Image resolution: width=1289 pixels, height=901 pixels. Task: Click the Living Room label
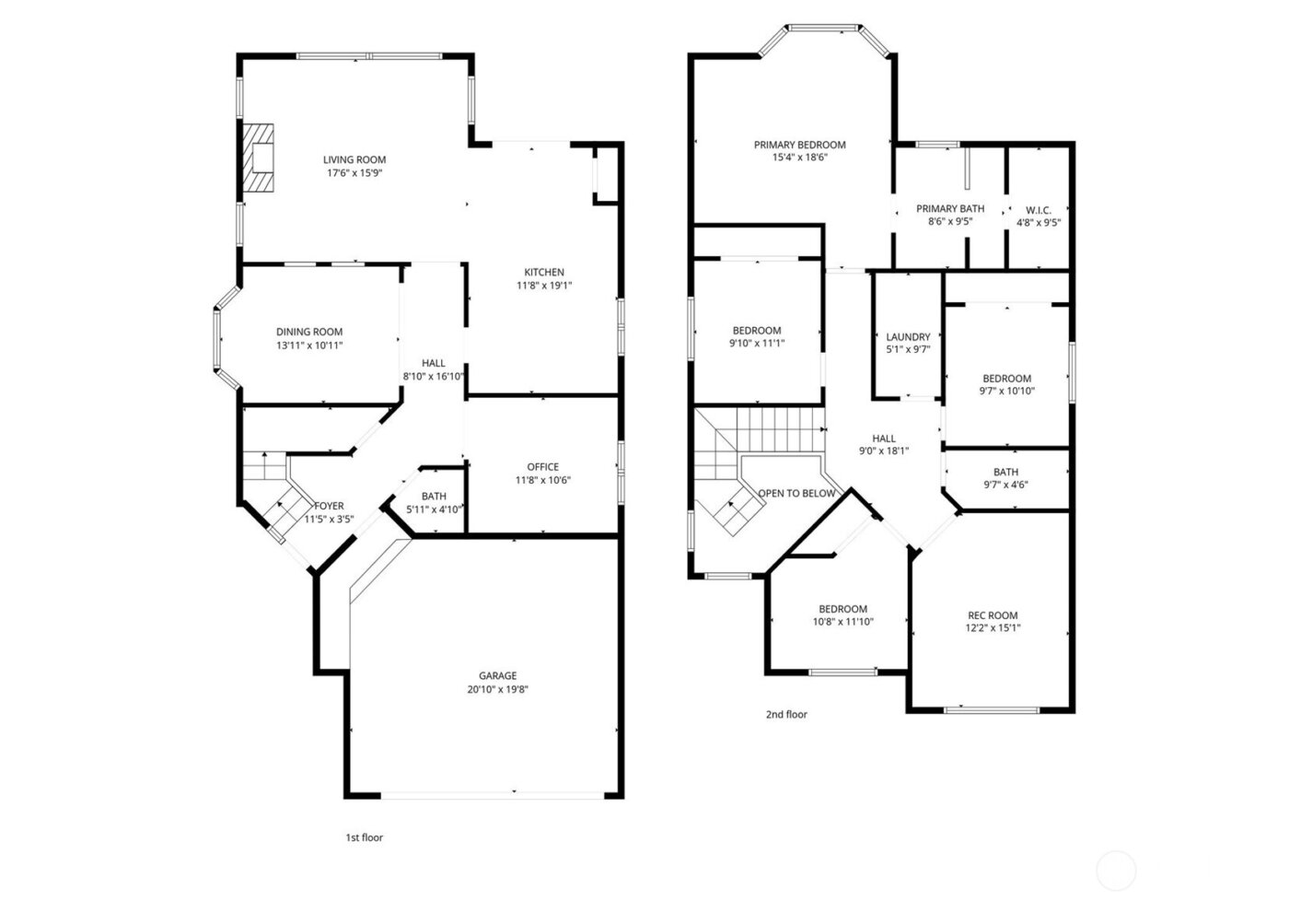click(x=354, y=159)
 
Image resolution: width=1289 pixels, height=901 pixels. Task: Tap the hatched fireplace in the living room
click(x=259, y=158)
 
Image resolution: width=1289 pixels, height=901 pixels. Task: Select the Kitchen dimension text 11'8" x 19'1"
click(x=543, y=286)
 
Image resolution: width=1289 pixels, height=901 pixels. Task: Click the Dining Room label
click(x=309, y=333)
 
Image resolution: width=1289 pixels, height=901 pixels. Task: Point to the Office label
click(x=542, y=467)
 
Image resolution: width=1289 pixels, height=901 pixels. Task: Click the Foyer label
click(x=329, y=506)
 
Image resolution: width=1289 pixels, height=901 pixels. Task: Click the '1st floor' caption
click(x=364, y=837)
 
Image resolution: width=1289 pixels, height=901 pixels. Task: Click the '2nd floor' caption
click(x=786, y=714)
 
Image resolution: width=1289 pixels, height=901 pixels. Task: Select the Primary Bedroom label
click(x=799, y=145)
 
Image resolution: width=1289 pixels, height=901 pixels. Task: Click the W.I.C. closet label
click(x=1039, y=210)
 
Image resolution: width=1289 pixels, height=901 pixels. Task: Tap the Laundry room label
click(x=908, y=337)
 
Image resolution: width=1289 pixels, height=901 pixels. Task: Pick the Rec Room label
click(x=993, y=615)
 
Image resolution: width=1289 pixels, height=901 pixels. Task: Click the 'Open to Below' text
click(x=796, y=493)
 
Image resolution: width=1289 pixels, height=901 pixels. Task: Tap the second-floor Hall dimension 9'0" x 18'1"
click(x=884, y=451)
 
